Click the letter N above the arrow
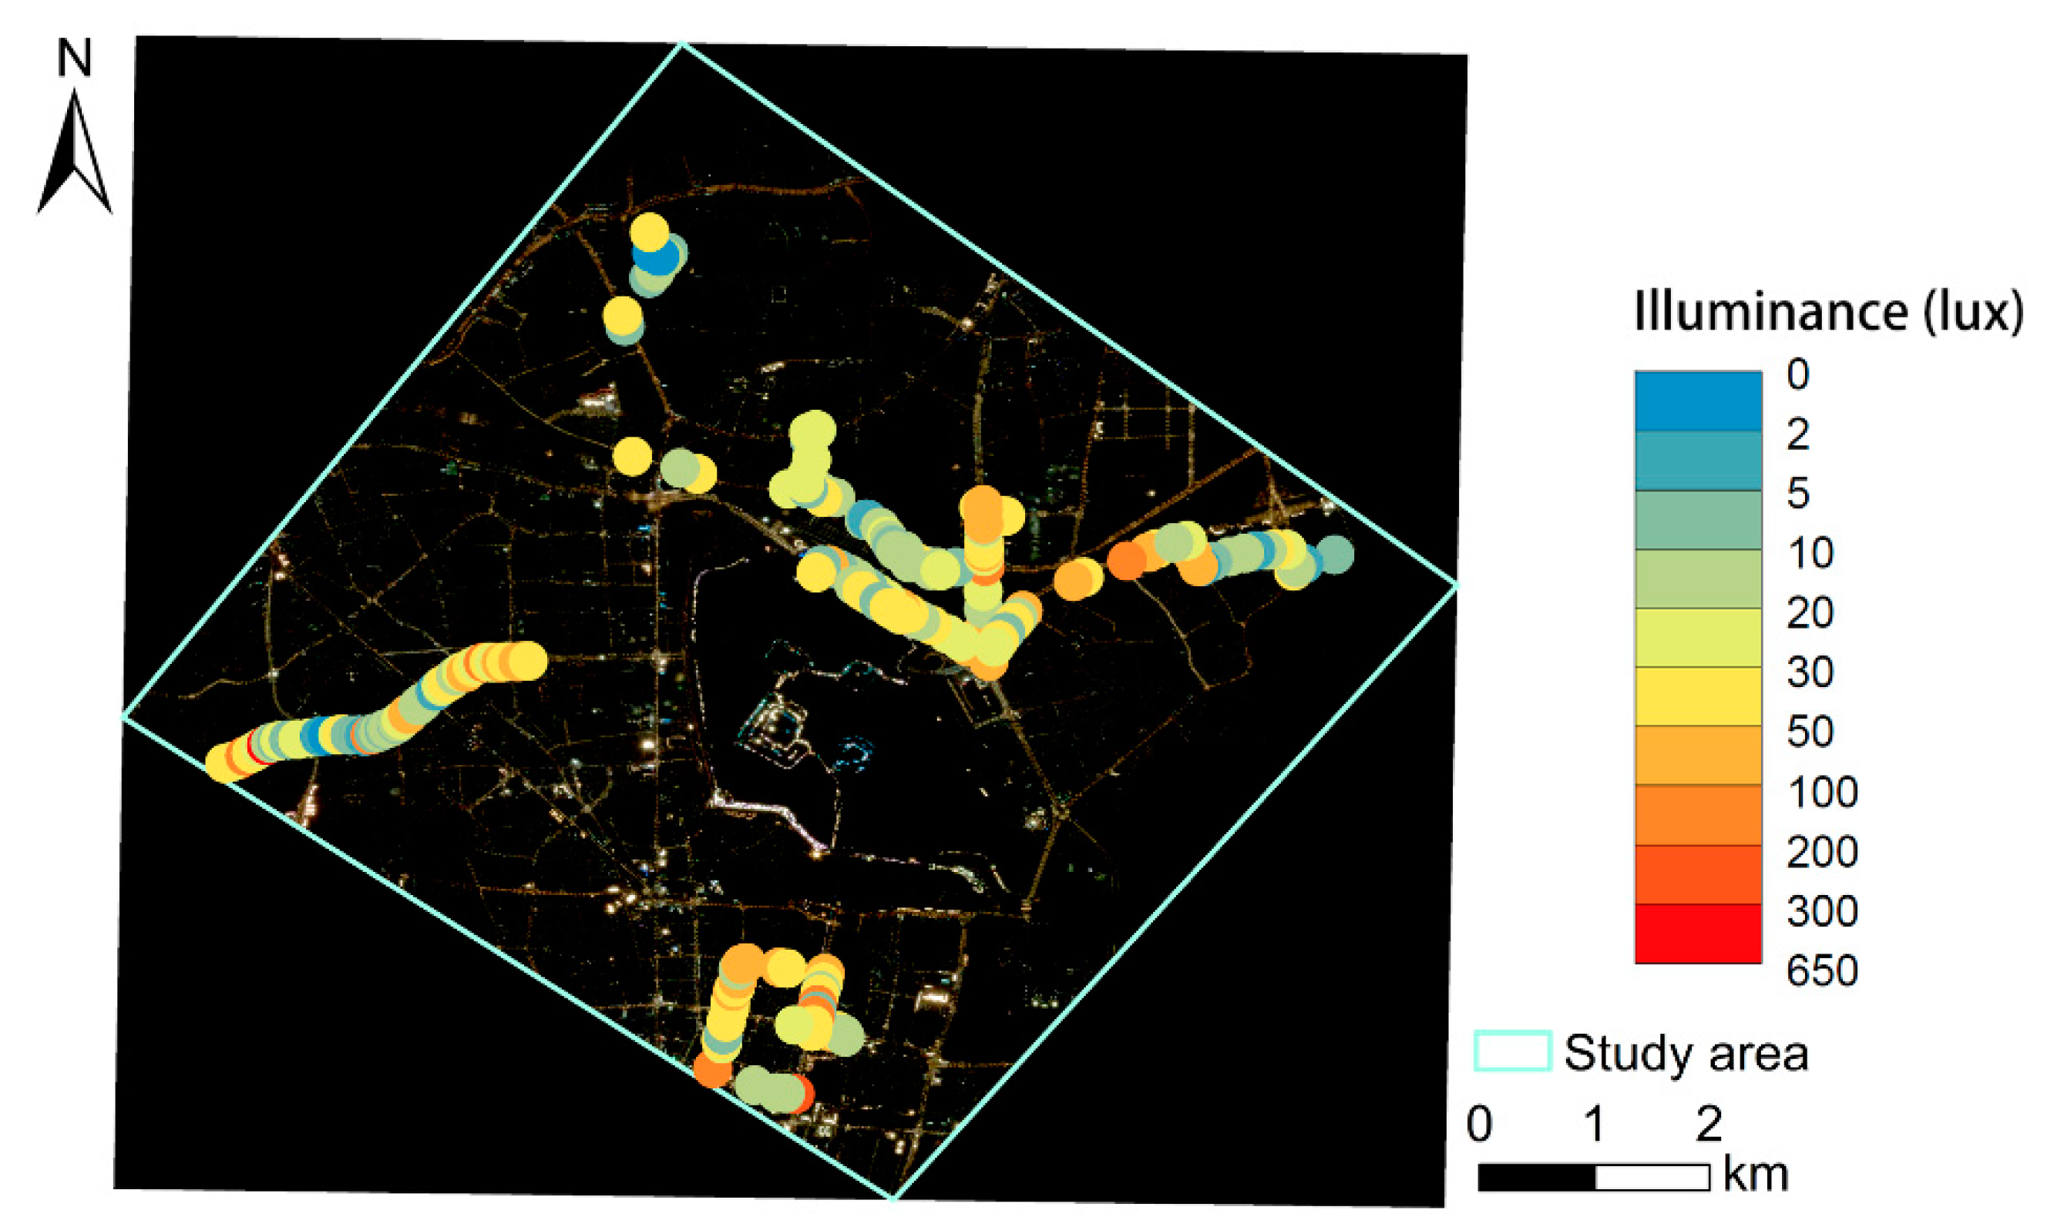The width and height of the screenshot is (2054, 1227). (75, 59)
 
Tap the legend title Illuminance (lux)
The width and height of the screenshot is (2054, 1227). (1828, 313)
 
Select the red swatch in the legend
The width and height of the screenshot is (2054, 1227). (1697, 934)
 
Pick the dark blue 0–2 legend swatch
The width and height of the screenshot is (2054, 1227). (1697, 401)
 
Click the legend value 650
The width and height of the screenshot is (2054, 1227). (1821, 971)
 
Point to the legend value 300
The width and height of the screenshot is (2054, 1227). (1821, 911)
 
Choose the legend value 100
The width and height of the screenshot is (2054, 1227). (1821, 792)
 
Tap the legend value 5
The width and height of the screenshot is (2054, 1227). (1797, 494)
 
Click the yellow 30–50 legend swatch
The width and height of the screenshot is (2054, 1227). (1697, 696)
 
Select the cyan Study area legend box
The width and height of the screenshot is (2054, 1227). (1512, 1051)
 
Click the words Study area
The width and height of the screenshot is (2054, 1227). (1686, 1054)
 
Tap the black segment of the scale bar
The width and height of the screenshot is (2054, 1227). (1536, 1177)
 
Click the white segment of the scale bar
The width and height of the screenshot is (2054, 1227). (1652, 1177)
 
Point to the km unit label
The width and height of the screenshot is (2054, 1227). (1756, 1174)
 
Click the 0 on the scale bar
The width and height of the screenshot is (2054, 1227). (1480, 1124)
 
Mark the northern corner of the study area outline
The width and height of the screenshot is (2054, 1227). (682, 45)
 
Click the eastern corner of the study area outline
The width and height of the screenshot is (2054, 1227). (1456, 585)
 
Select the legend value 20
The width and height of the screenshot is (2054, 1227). (1810, 612)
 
